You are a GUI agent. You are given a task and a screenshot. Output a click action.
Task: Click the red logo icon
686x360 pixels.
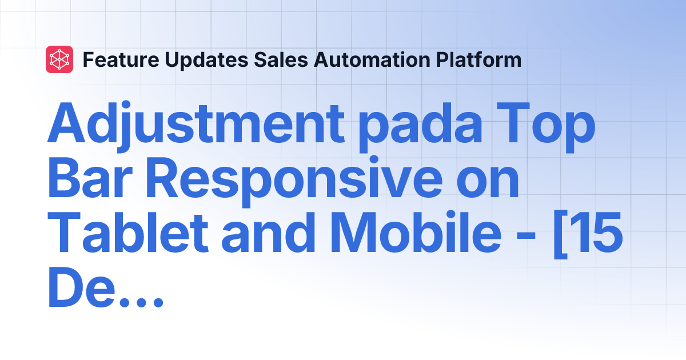point(59,59)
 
